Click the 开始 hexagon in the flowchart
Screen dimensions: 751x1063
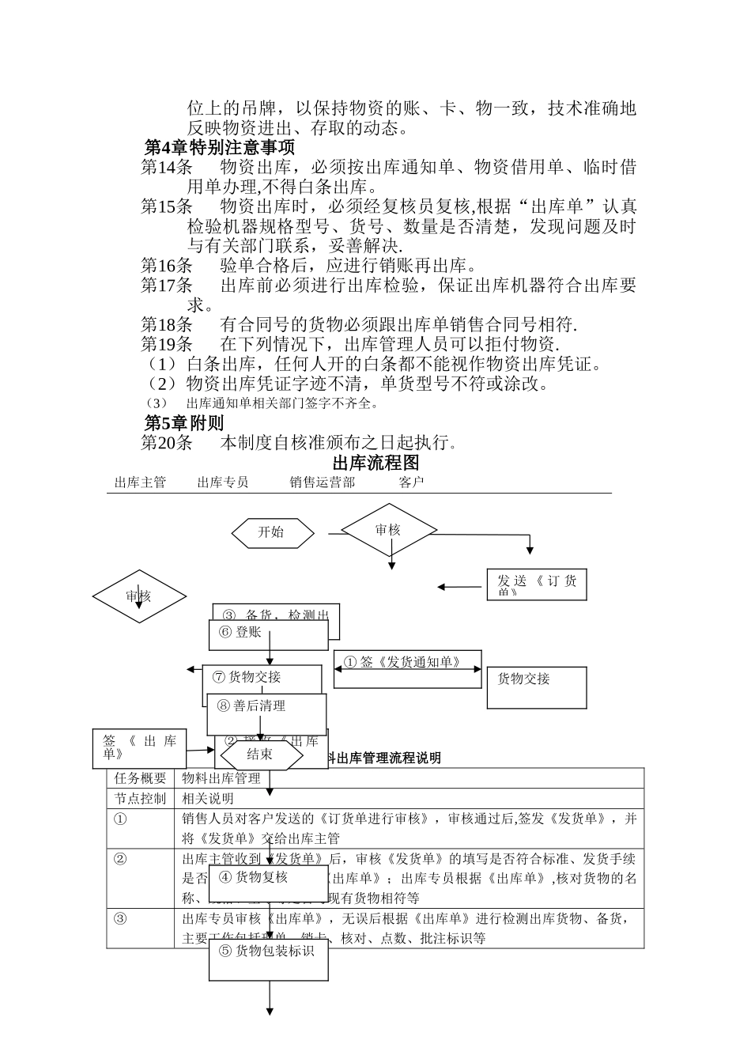pyautogui.click(x=272, y=532)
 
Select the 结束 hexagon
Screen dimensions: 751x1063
pyautogui.click(x=261, y=755)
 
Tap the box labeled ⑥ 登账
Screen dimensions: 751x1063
pyautogui.click(x=268, y=634)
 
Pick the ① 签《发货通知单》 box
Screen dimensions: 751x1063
pyautogui.click(x=408, y=669)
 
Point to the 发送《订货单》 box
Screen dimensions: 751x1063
pyautogui.click(x=537, y=585)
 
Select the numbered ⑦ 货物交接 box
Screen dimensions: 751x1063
pyautogui.click(x=262, y=679)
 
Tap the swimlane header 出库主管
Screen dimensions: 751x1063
pyautogui.click(x=140, y=482)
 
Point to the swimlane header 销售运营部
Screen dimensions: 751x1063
pyautogui.click(x=322, y=482)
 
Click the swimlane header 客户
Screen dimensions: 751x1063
pyautogui.click(x=411, y=482)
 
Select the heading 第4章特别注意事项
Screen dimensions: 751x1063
pyautogui.click(x=220, y=148)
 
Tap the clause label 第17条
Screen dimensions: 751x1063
pyautogui.click(x=167, y=286)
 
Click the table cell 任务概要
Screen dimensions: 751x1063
pyautogui.click(x=141, y=778)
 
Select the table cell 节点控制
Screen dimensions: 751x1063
pyautogui.click(x=141, y=799)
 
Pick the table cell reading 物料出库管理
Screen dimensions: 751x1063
pyautogui.click(x=221, y=778)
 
